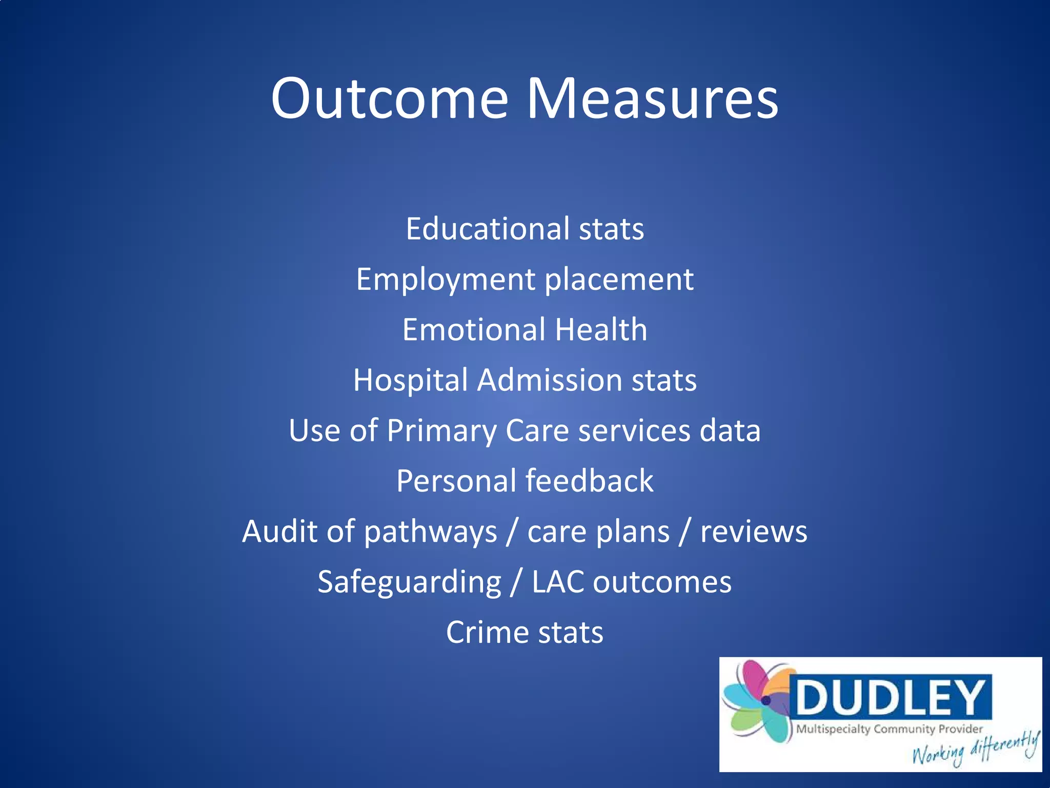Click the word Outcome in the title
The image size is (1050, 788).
point(390,98)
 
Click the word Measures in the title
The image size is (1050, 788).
point(652,98)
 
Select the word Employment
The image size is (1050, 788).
point(446,280)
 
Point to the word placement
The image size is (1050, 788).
point(619,280)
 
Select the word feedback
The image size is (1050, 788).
point(589,481)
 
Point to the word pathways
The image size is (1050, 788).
point(430,531)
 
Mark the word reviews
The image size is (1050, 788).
point(754,531)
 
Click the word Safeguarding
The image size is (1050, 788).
point(409,583)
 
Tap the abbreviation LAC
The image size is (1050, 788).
point(558,582)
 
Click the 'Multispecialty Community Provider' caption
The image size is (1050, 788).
point(889,729)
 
